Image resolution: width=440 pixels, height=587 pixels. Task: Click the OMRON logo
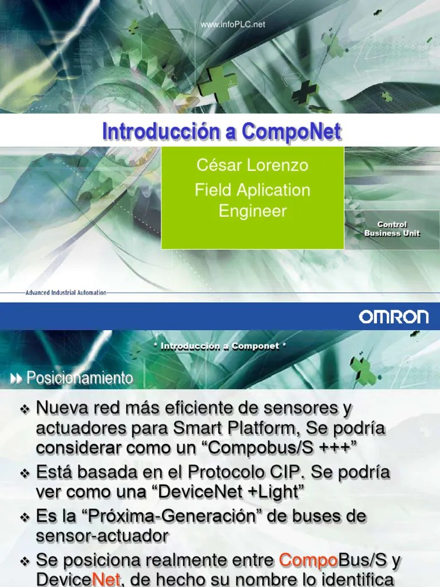coord(394,317)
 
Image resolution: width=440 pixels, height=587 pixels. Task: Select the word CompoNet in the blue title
coord(292,131)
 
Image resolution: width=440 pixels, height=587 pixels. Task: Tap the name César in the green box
coord(218,166)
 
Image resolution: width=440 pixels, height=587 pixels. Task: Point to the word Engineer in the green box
coord(253,211)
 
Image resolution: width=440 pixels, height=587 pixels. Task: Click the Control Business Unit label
coord(392,229)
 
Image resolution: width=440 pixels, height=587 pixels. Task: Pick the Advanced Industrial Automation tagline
coord(66,292)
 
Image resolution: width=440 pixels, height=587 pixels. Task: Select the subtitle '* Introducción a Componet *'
coord(220,346)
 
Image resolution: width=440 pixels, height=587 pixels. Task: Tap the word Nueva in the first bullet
coord(63,409)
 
